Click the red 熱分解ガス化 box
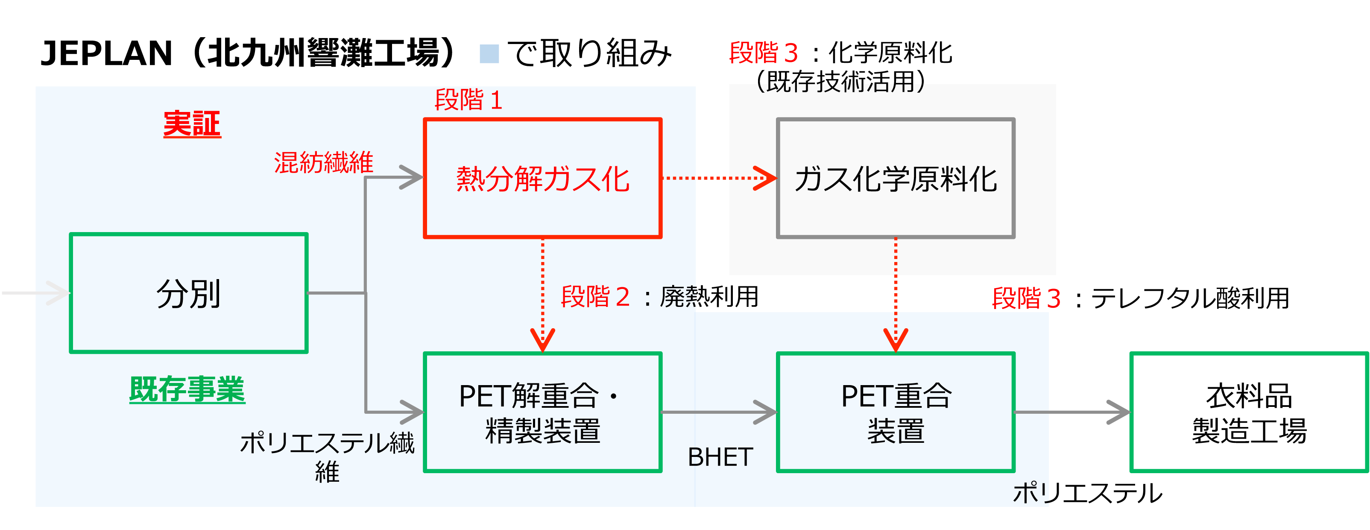(x=542, y=178)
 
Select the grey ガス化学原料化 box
(x=896, y=178)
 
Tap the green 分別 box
(x=189, y=293)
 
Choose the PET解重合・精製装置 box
(x=542, y=412)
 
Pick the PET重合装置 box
(x=896, y=412)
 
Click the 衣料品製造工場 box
(x=1249, y=412)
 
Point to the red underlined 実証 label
(x=192, y=124)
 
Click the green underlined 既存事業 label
(x=187, y=389)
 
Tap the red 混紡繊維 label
(x=323, y=162)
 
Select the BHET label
(x=720, y=457)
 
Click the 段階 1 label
(x=468, y=100)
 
